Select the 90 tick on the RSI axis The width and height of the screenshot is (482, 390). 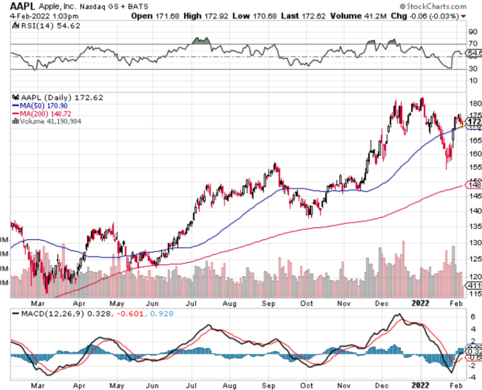(x=472, y=32)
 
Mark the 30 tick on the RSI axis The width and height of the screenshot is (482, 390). (x=472, y=69)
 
